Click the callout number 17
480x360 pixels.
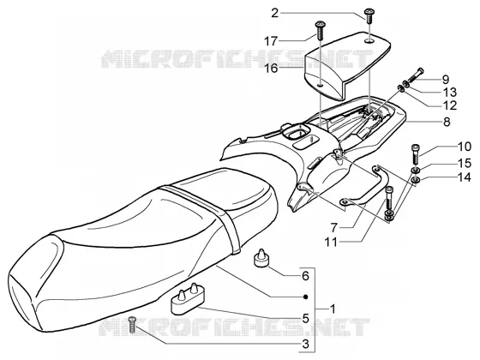pos(271,41)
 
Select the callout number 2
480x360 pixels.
pos(274,13)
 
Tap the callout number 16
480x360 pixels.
pos(271,68)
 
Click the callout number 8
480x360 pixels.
pos(447,122)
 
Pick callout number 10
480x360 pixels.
pos(465,147)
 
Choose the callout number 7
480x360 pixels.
pos(334,228)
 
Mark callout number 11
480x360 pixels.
pos(331,242)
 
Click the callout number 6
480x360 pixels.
pos(305,276)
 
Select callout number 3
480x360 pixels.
pos(305,344)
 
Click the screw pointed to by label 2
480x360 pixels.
pos(369,16)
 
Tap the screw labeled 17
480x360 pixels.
pos(321,30)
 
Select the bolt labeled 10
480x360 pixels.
pos(416,153)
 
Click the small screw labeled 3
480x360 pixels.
pos(133,325)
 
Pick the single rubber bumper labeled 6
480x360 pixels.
pos(261,259)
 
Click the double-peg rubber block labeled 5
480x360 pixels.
pos(188,299)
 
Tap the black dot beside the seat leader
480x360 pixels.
pos(305,297)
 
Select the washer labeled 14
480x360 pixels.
pos(416,180)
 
